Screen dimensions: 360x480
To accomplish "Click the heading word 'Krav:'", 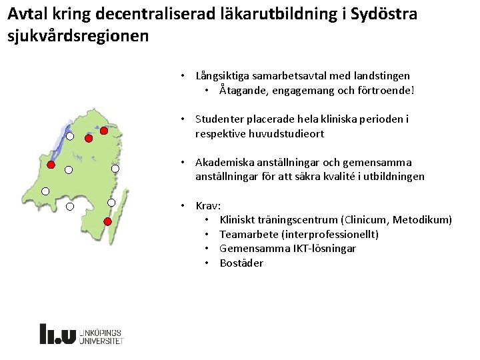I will pos(208,205).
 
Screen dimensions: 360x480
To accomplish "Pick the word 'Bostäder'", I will pos(241,263).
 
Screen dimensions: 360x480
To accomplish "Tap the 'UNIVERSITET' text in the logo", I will pos(101,340).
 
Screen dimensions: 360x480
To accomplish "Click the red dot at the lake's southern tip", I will pos(89,139).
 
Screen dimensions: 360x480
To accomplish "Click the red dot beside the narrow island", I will pos(107,221).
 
